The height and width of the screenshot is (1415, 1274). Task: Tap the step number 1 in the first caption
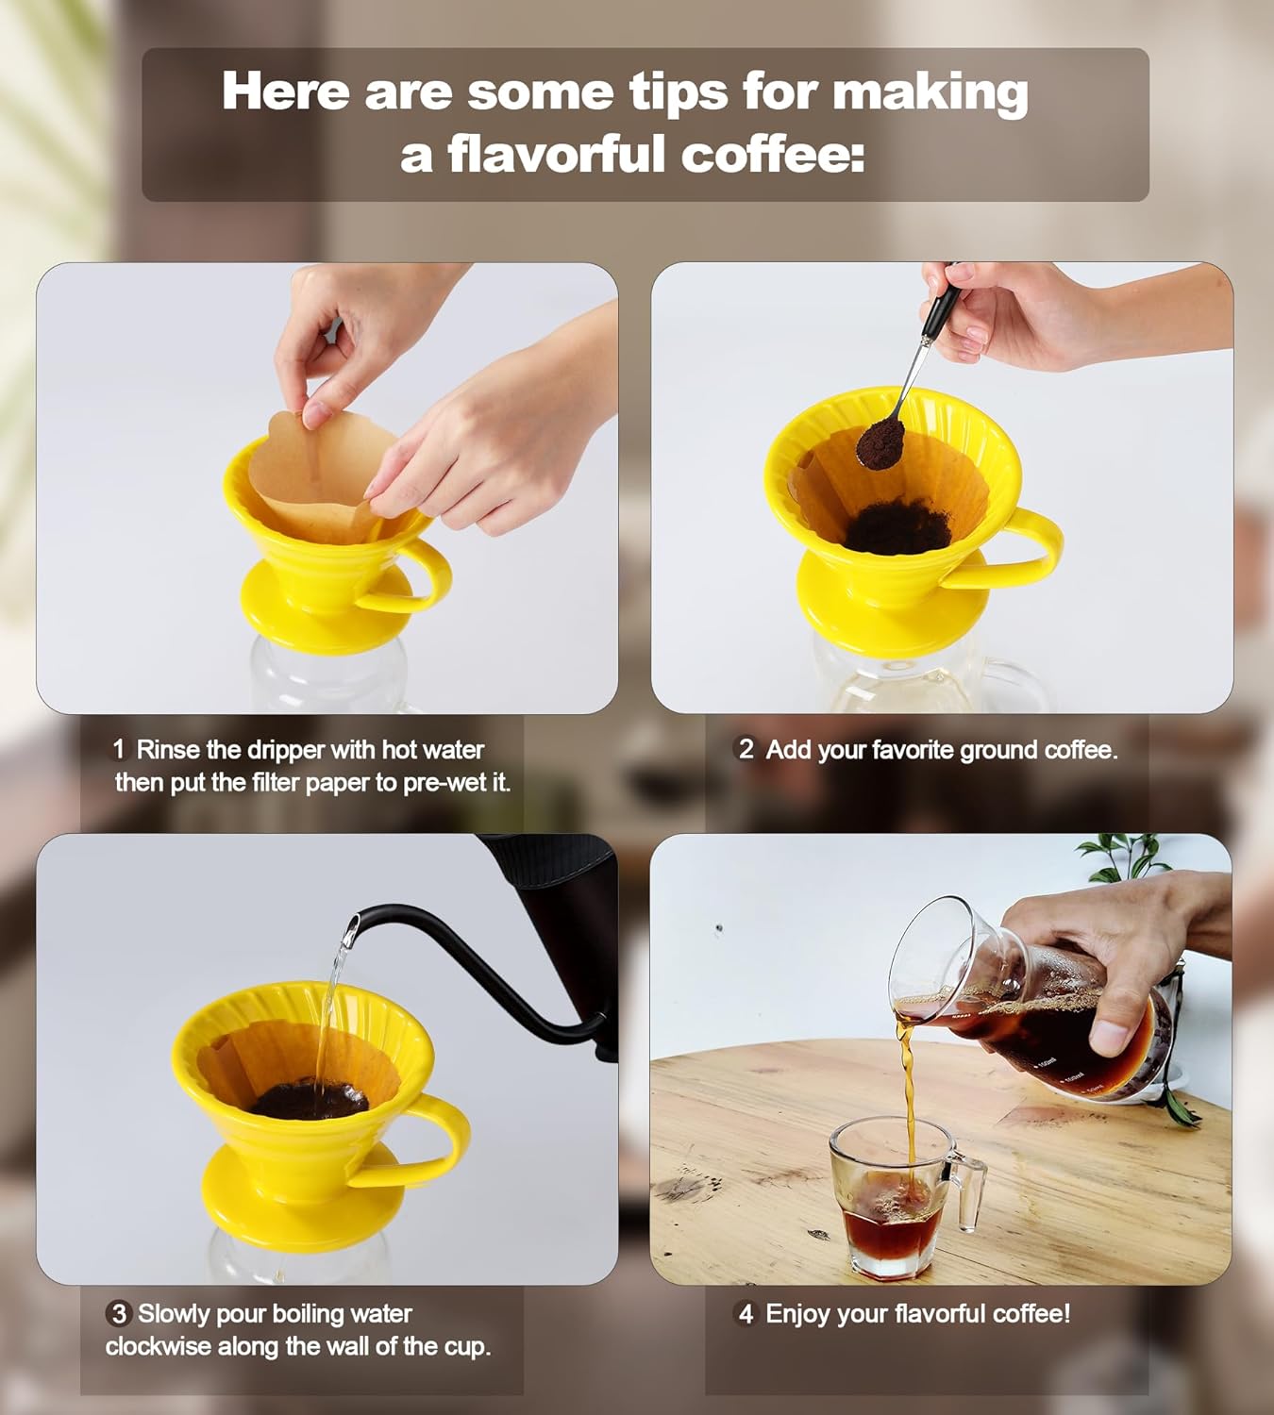(x=118, y=750)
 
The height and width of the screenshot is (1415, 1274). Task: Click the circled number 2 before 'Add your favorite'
(x=746, y=749)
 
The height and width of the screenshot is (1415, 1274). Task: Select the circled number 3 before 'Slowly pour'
(x=118, y=1313)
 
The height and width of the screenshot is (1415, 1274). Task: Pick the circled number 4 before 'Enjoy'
(x=746, y=1313)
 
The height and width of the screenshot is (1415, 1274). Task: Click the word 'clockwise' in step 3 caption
(x=158, y=1346)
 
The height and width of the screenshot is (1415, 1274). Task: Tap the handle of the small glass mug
(x=968, y=1190)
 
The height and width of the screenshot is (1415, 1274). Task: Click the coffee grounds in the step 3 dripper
(x=309, y=1100)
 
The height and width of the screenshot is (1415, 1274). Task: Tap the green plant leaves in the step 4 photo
(x=1123, y=854)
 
